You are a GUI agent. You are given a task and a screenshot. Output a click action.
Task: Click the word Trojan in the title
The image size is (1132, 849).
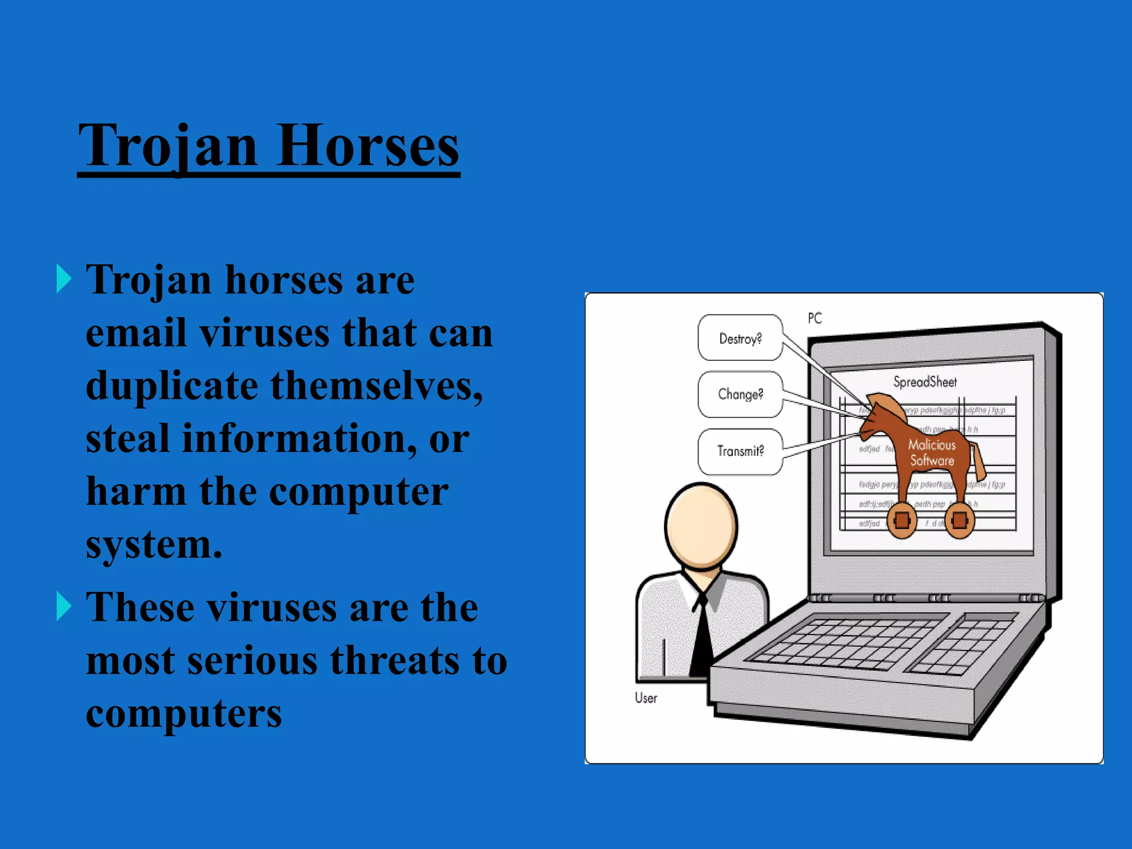(x=168, y=146)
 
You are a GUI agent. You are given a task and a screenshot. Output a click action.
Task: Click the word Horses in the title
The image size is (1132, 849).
(x=368, y=146)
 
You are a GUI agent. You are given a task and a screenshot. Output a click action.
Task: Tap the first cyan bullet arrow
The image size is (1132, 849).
(x=64, y=279)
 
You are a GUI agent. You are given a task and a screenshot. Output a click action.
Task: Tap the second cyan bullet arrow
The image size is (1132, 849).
(x=64, y=606)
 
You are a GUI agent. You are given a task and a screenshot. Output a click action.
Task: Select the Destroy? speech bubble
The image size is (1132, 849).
(x=740, y=338)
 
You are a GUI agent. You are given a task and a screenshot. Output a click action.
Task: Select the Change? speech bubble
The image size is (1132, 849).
(x=740, y=394)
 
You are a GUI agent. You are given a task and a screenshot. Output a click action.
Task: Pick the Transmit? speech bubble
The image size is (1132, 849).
(x=740, y=451)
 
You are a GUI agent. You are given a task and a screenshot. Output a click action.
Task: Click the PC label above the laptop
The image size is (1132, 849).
(x=815, y=318)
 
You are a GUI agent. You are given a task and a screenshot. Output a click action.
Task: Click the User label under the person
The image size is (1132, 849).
(x=646, y=698)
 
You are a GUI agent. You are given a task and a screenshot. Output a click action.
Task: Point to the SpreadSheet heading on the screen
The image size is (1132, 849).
(x=925, y=382)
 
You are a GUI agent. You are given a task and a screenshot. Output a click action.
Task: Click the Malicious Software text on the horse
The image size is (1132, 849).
(x=932, y=453)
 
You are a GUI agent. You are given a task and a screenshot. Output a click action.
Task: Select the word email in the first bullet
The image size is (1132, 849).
(x=136, y=333)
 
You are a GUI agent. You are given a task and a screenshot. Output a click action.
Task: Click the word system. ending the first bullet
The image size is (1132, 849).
(x=154, y=544)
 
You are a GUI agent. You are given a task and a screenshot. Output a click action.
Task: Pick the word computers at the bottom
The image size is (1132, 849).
(x=184, y=713)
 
